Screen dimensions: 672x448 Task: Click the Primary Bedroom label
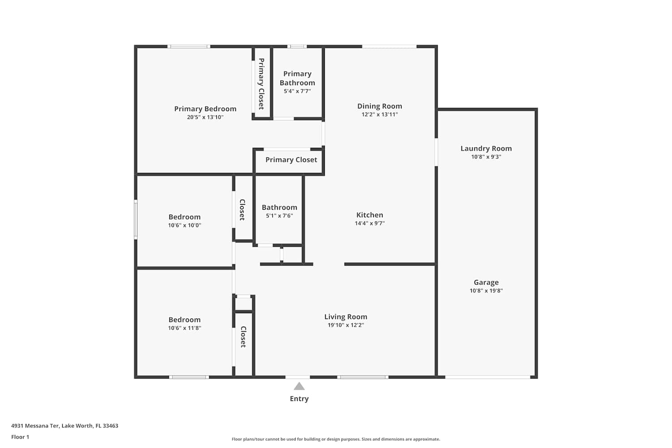(205, 108)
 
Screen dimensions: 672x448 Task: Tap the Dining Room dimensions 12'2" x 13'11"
(379, 114)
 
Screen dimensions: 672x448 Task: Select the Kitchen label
(370, 215)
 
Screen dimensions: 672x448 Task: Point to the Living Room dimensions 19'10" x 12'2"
(345, 325)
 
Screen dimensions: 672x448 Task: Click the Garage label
(486, 282)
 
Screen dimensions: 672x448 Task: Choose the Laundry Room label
(486, 149)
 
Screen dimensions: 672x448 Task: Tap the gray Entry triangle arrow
(299, 386)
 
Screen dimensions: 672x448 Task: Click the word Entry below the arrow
(299, 399)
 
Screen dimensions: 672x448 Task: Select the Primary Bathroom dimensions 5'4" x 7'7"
(297, 91)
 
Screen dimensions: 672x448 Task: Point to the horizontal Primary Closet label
(291, 160)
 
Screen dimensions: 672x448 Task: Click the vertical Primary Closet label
(261, 84)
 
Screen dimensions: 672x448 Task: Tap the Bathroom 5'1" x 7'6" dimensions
(279, 216)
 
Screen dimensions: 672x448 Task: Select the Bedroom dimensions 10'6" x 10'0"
(185, 225)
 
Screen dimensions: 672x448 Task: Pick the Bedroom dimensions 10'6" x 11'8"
(185, 328)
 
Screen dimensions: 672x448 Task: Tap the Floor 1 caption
(20, 437)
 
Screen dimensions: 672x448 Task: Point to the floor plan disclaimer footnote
(336, 439)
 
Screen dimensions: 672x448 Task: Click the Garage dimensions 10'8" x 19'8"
(486, 290)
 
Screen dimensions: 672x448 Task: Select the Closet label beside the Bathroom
(242, 210)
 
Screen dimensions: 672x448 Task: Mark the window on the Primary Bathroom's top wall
(297, 47)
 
